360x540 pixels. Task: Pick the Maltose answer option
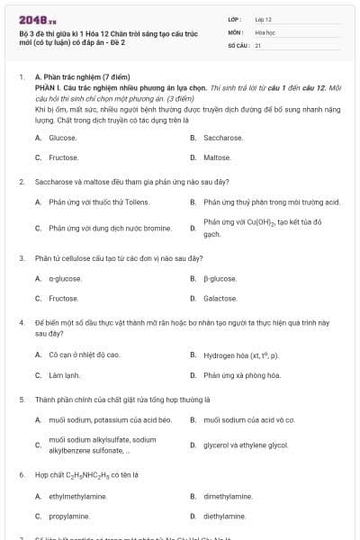(x=217, y=157)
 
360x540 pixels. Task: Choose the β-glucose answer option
(x=220, y=278)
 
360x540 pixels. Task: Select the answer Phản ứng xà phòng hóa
(x=243, y=374)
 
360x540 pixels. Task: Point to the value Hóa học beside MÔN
(x=265, y=31)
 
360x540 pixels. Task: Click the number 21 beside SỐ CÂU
(x=258, y=44)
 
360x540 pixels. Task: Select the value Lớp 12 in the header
(x=264, y=19)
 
